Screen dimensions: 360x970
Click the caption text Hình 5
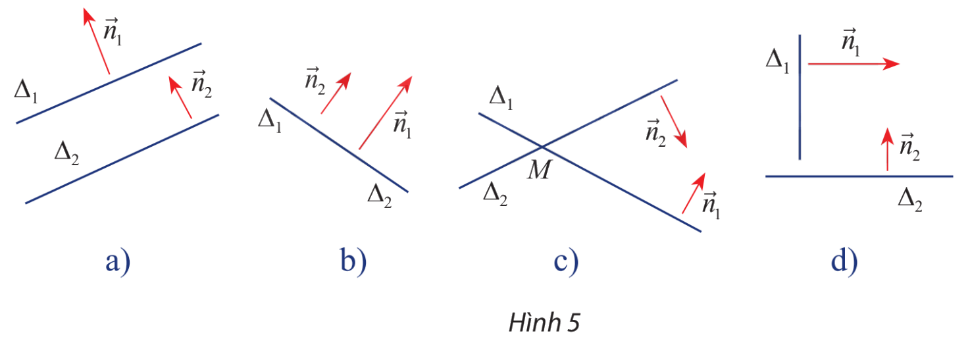point(544,324)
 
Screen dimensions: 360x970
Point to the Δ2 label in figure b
point(379,195)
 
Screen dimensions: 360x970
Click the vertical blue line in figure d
point(800,99)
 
